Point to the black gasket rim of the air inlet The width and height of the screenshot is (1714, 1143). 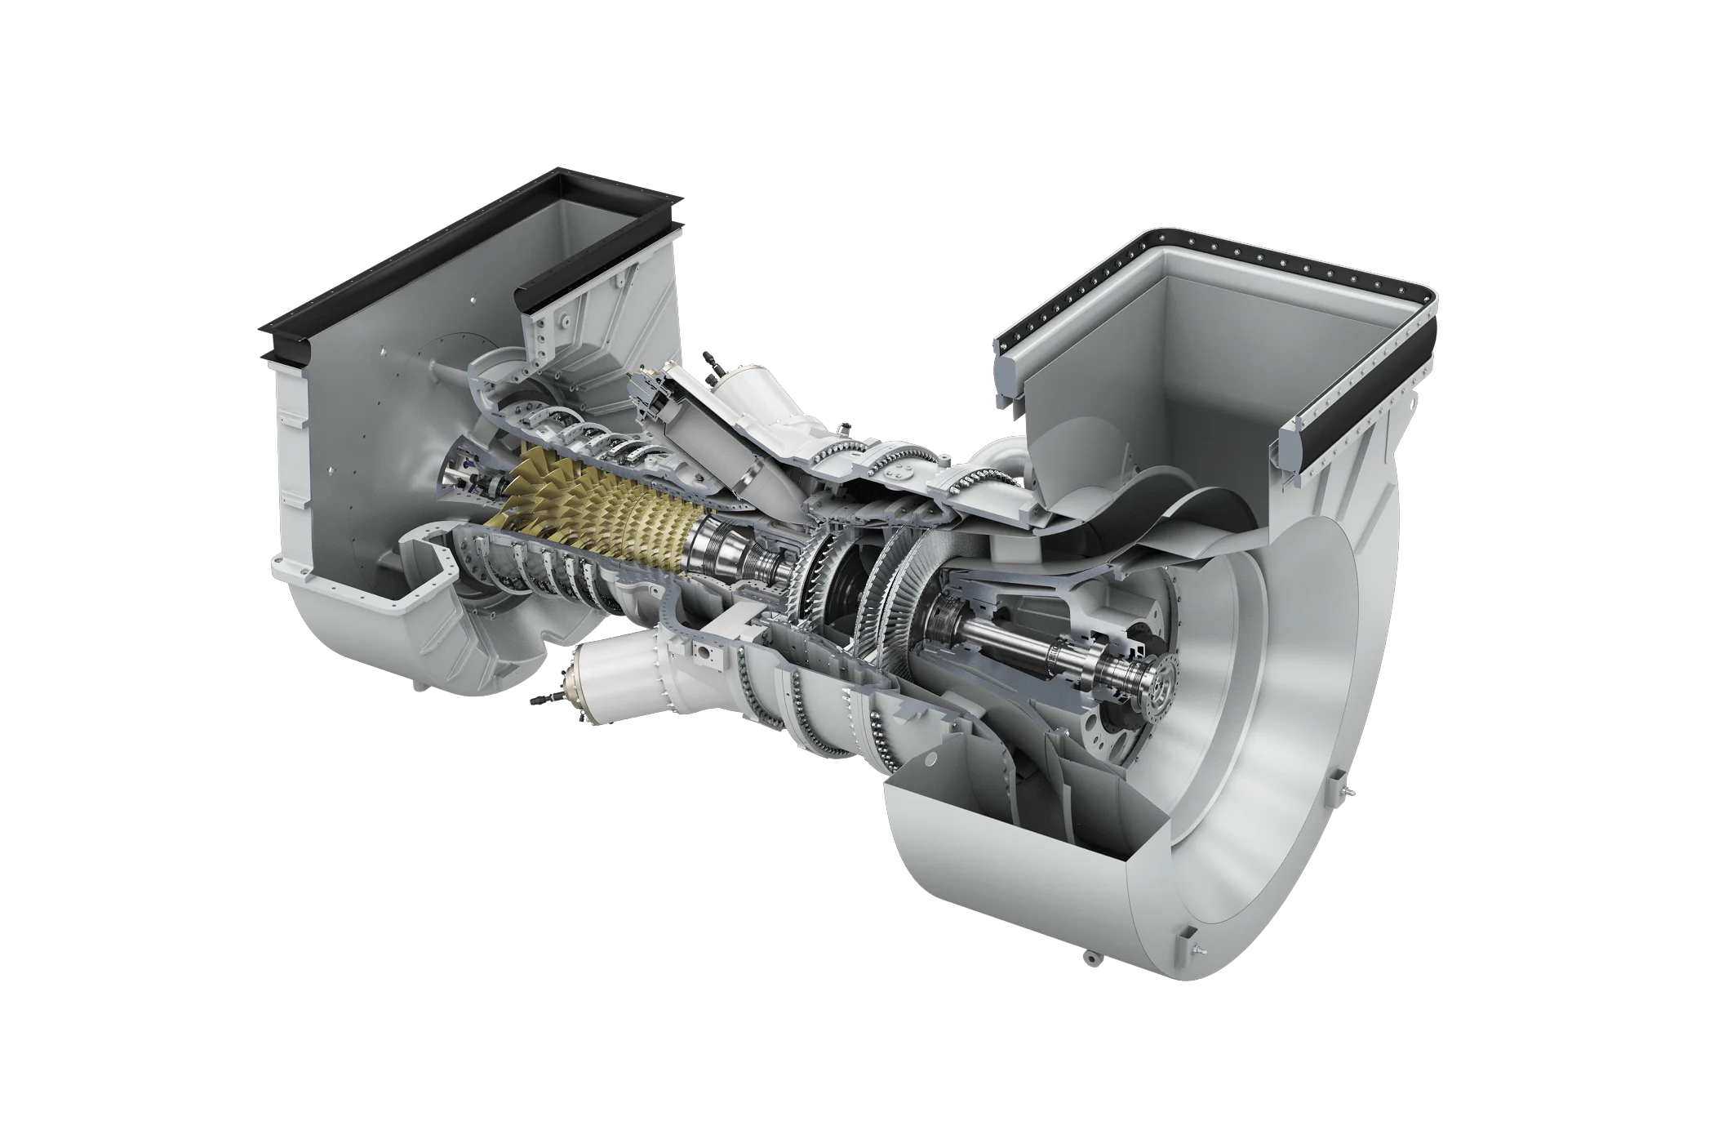pyautogui.click(x=392, y=269)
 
